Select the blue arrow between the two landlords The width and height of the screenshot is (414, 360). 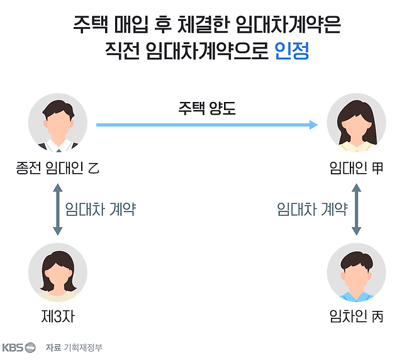pos(207,125)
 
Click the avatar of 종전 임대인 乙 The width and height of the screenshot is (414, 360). pos(58,123)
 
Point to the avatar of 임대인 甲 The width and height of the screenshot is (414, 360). pos(357,123)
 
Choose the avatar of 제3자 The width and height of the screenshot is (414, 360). pos(58,275)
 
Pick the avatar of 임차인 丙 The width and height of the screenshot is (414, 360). pos(357,275)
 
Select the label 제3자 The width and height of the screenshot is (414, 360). pos(57,317)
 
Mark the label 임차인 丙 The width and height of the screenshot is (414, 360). pos(357,317)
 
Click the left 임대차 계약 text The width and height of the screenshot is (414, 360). pos(101,209)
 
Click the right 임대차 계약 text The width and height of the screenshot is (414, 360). pos(312,209)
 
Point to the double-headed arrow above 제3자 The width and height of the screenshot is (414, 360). pos(58,209)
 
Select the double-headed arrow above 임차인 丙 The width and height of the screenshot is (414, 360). pos(357,209)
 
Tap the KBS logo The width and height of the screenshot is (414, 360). pos(18,347)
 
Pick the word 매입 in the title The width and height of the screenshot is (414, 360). pos(132,26)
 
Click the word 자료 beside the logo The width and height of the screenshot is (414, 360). pos(53,347)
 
